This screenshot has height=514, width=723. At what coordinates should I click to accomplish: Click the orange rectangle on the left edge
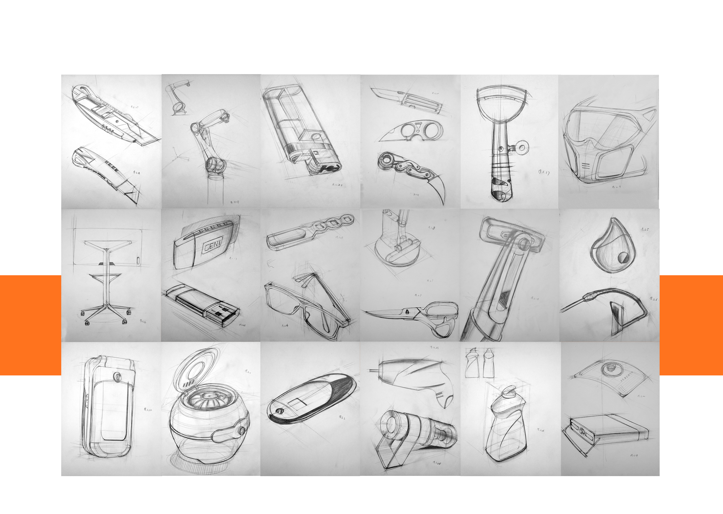click(30, 325)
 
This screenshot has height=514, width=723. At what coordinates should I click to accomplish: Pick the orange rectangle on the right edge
click(691, 325)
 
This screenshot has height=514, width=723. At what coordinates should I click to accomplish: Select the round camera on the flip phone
click(117, 377)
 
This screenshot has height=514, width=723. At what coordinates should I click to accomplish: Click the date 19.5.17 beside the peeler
click(544, 172)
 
